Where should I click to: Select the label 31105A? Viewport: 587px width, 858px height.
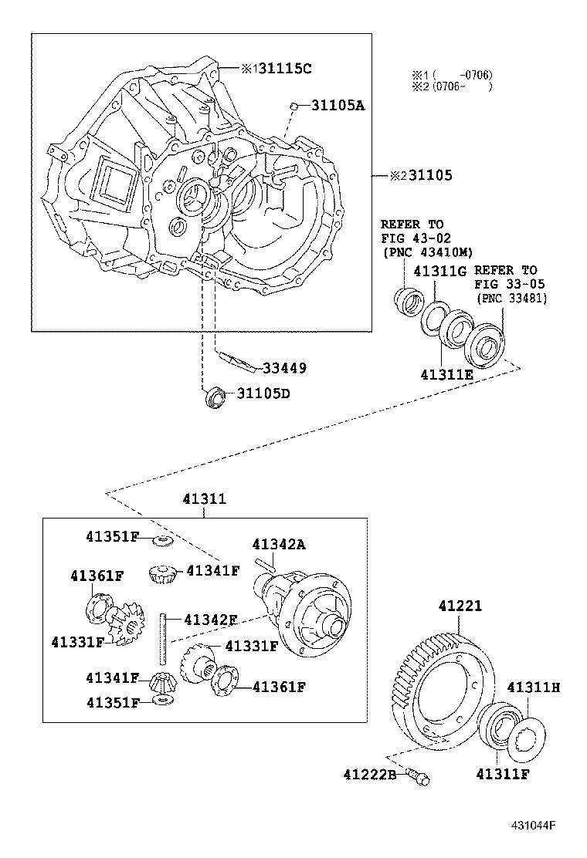338,106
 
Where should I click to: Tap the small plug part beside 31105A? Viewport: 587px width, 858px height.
294,106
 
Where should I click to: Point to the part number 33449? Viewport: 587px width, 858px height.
284,368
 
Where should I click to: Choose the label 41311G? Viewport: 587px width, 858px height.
440,271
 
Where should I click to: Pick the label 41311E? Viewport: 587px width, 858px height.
447,375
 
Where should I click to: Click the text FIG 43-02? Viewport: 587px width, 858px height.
416,238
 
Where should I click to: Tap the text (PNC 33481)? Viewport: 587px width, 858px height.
511,299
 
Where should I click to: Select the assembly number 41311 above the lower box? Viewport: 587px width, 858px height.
204,499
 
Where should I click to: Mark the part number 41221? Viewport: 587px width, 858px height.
460,606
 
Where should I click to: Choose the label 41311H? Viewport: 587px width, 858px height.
532,686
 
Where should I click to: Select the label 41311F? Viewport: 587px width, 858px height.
502,773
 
